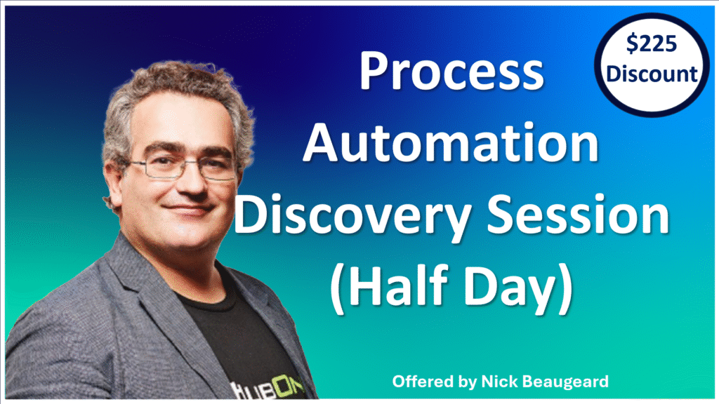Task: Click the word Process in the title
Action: pos(451,72)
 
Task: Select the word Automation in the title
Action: pos(451,142)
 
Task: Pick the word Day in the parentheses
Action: pos(510,287)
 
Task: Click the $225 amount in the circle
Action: pos(651,44)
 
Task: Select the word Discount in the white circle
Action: pos(652,73)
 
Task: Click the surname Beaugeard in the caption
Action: pos(567,382)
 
